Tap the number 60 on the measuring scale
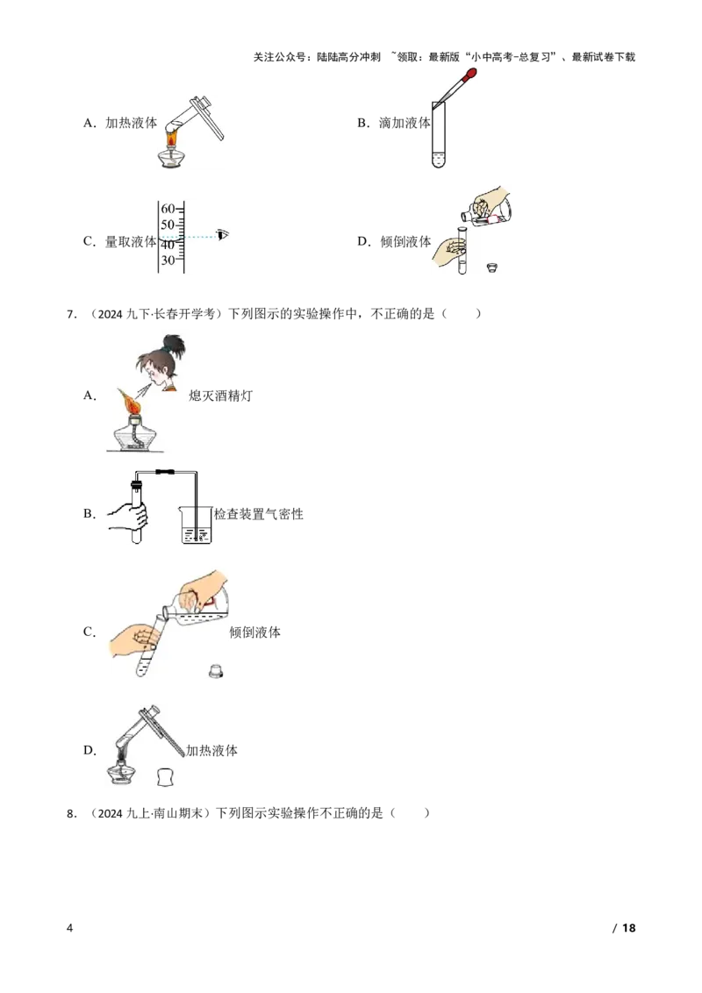167,208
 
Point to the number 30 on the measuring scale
167,260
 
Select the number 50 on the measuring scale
167,225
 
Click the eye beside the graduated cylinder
223,234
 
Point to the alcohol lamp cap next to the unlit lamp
163,776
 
